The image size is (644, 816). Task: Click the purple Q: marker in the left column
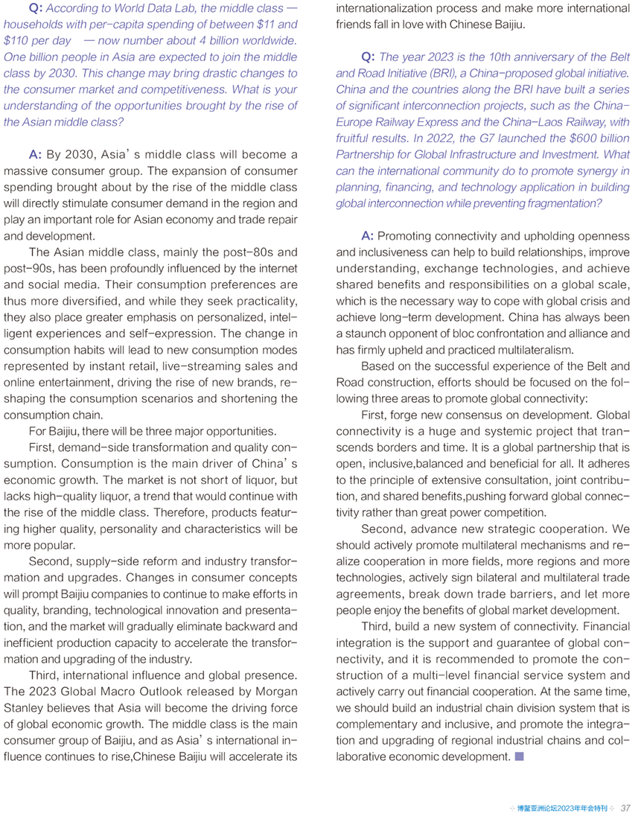pyautogui.click(x=34, y=9)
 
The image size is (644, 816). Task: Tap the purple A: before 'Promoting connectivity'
pyautogui.click(x=368, y=236)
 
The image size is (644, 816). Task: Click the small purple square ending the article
pyautogui.click(x=519, y=756)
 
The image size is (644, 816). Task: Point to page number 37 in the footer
pyautogui.click(x=625, y=807)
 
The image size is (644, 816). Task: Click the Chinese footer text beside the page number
pyautogui.click(x=562, y=807)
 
